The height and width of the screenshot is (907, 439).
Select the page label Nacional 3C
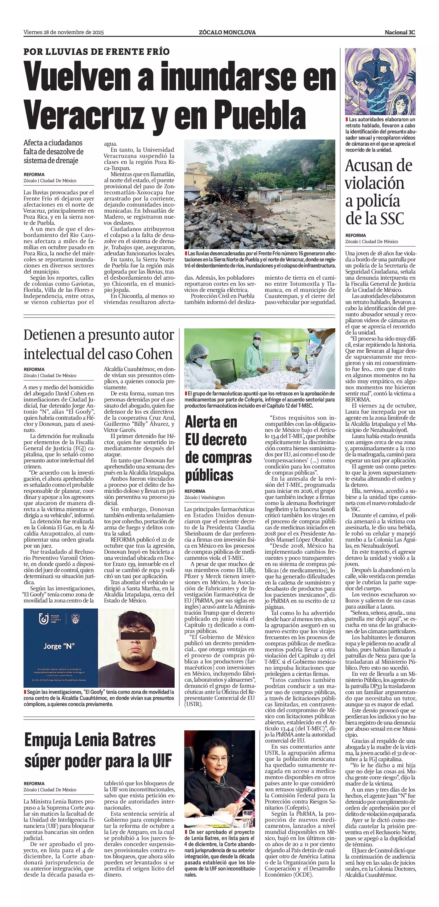[x=400, y=32]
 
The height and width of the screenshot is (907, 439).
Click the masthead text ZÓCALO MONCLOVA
[x=227, y=32]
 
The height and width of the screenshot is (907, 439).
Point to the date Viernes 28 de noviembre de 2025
[x=64, y=32]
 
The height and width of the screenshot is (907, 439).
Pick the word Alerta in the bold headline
[x=211, y=422]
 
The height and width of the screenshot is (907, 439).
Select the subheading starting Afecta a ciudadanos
[x=53, y=152]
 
